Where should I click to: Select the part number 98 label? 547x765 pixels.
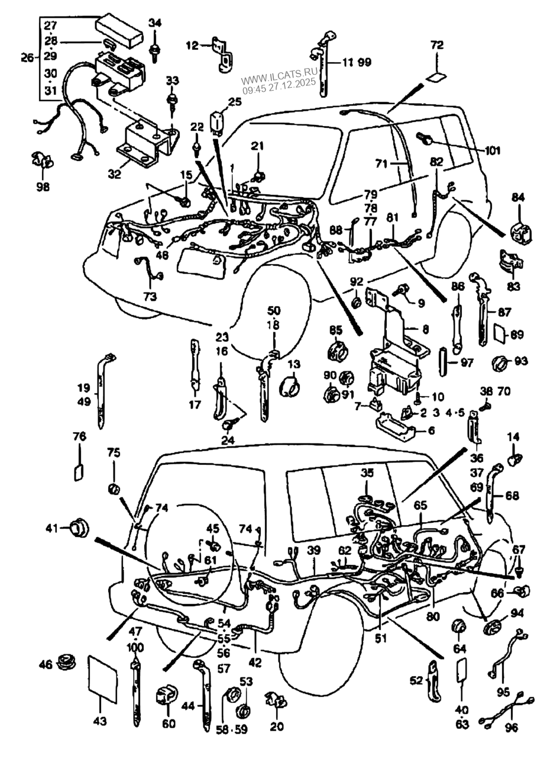(x=43, y=187)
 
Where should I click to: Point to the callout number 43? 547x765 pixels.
(x=100, y=721)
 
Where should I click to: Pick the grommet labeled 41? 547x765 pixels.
(x=77, y=526)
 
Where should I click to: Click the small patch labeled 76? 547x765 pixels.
(x=79, y=473)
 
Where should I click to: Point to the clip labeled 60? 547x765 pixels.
(x=164, y=695)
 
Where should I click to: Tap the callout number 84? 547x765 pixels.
(x=517, y=197)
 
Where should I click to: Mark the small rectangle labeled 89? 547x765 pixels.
(x=499, y=334)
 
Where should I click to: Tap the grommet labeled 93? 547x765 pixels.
(x=500, y=361)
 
